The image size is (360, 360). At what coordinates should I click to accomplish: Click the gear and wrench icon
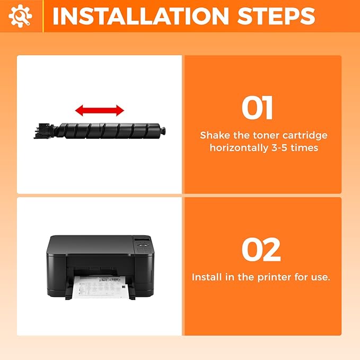pos(20,16)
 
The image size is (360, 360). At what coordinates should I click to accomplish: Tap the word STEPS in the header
pos(276,16)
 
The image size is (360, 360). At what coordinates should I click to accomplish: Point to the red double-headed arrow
pos(100,110)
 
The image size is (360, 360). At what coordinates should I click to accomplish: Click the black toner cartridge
pos(100,130)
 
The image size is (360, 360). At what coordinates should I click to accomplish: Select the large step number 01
pos(257,108)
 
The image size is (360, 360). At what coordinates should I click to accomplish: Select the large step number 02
pos(261,250)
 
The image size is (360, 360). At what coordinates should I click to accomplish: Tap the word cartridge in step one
pos(305,135)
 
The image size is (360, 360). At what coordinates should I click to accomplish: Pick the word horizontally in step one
pos(239,147)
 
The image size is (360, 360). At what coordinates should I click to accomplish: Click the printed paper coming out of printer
pos(100,287)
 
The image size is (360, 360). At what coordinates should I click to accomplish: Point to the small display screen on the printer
pos(141,240)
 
